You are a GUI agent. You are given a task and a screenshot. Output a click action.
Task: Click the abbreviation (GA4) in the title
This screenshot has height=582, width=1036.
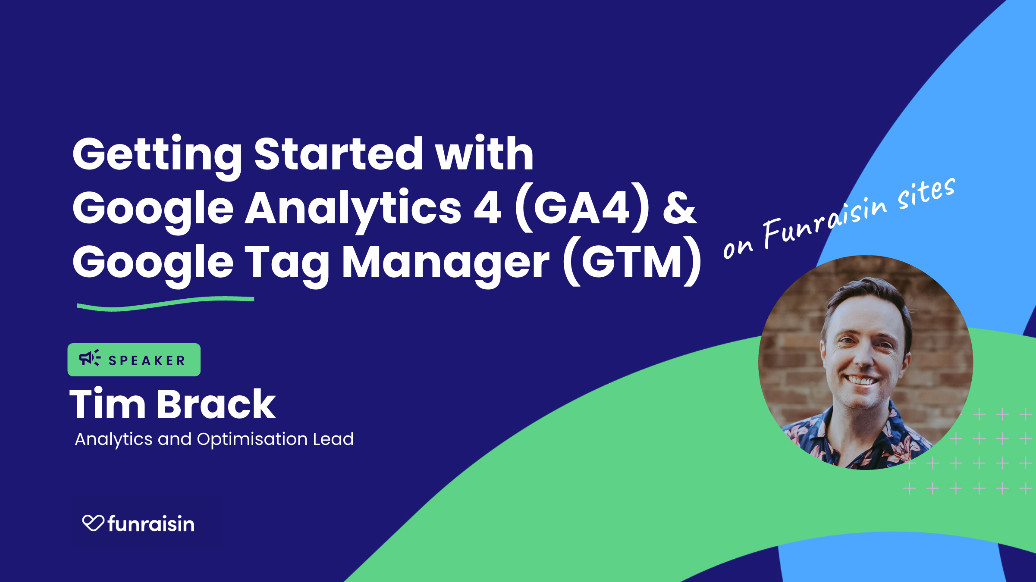tap(582, 208)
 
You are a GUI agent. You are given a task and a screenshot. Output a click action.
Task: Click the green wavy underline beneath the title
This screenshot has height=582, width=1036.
tap(166, 303)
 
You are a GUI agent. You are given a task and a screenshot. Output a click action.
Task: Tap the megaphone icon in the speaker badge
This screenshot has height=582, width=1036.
tap(90, 358)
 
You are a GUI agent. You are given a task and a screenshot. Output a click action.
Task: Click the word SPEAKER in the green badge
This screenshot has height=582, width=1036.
tap(147, 360)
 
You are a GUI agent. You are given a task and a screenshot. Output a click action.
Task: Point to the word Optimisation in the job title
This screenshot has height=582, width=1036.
tap(252, 439)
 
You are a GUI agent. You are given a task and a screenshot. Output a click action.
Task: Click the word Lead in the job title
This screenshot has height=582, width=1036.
tap(333, 439)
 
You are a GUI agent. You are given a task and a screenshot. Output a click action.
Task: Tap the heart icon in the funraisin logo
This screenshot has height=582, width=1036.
tap(93, 523)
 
